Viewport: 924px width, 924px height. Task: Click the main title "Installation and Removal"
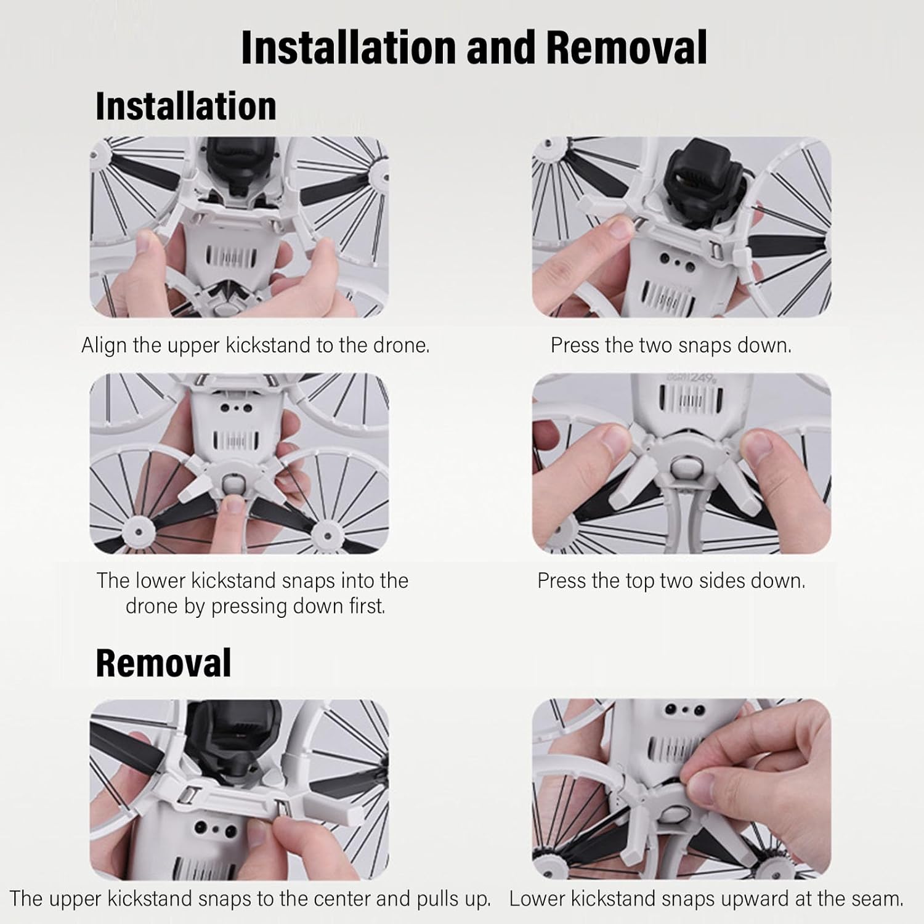point(474,47)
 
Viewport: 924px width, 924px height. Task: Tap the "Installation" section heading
point(186,106)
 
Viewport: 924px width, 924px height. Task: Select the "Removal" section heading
point(163,663)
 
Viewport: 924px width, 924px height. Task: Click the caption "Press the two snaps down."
point(671,345)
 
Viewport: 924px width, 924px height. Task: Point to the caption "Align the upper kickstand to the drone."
point(255,345)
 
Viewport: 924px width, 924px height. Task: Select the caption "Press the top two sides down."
point(671,581)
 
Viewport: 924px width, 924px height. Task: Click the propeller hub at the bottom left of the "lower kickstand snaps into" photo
point(136,532)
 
